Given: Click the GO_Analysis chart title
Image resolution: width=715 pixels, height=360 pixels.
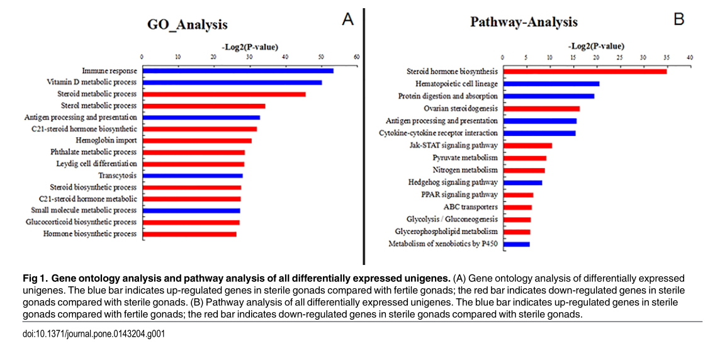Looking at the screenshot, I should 187,25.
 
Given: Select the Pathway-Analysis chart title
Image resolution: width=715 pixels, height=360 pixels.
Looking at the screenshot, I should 524,22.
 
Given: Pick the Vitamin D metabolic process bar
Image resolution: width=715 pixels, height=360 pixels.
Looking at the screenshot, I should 232,82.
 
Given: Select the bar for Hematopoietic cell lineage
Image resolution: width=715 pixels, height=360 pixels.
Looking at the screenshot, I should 551,83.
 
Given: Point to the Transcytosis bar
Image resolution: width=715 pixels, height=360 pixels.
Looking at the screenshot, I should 193,176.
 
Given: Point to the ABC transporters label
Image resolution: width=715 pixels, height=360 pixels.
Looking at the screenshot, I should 471,207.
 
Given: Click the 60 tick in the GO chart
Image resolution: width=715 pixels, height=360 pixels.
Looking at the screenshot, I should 357,57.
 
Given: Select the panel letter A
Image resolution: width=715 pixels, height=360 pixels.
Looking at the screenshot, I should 347,20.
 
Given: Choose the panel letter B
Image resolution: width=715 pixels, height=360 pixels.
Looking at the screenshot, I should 678,19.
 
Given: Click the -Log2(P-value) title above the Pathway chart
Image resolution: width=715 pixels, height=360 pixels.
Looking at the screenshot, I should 596,46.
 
